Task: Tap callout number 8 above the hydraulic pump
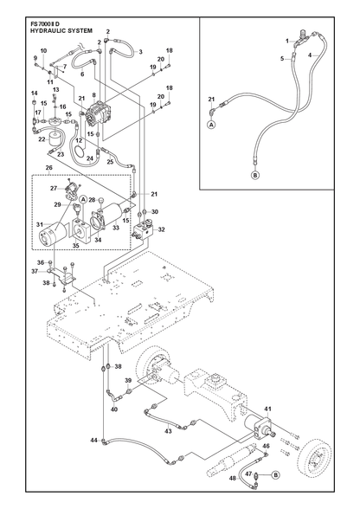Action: (93, 95)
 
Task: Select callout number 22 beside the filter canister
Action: (42, 139)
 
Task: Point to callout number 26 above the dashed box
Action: (48, 168)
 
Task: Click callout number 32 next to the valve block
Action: (161, 230)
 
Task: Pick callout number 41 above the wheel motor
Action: (267, 409)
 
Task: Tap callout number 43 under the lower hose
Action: (168, 431)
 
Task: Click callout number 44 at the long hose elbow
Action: (93, 440)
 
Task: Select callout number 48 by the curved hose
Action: (233, 478)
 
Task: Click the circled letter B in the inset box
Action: (255, 176)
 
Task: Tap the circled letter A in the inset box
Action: (212, 124)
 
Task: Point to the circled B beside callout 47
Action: (275, 475)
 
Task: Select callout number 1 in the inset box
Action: (287, 41)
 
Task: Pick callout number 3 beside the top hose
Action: (140, 52)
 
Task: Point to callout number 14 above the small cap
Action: (34, 93)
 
